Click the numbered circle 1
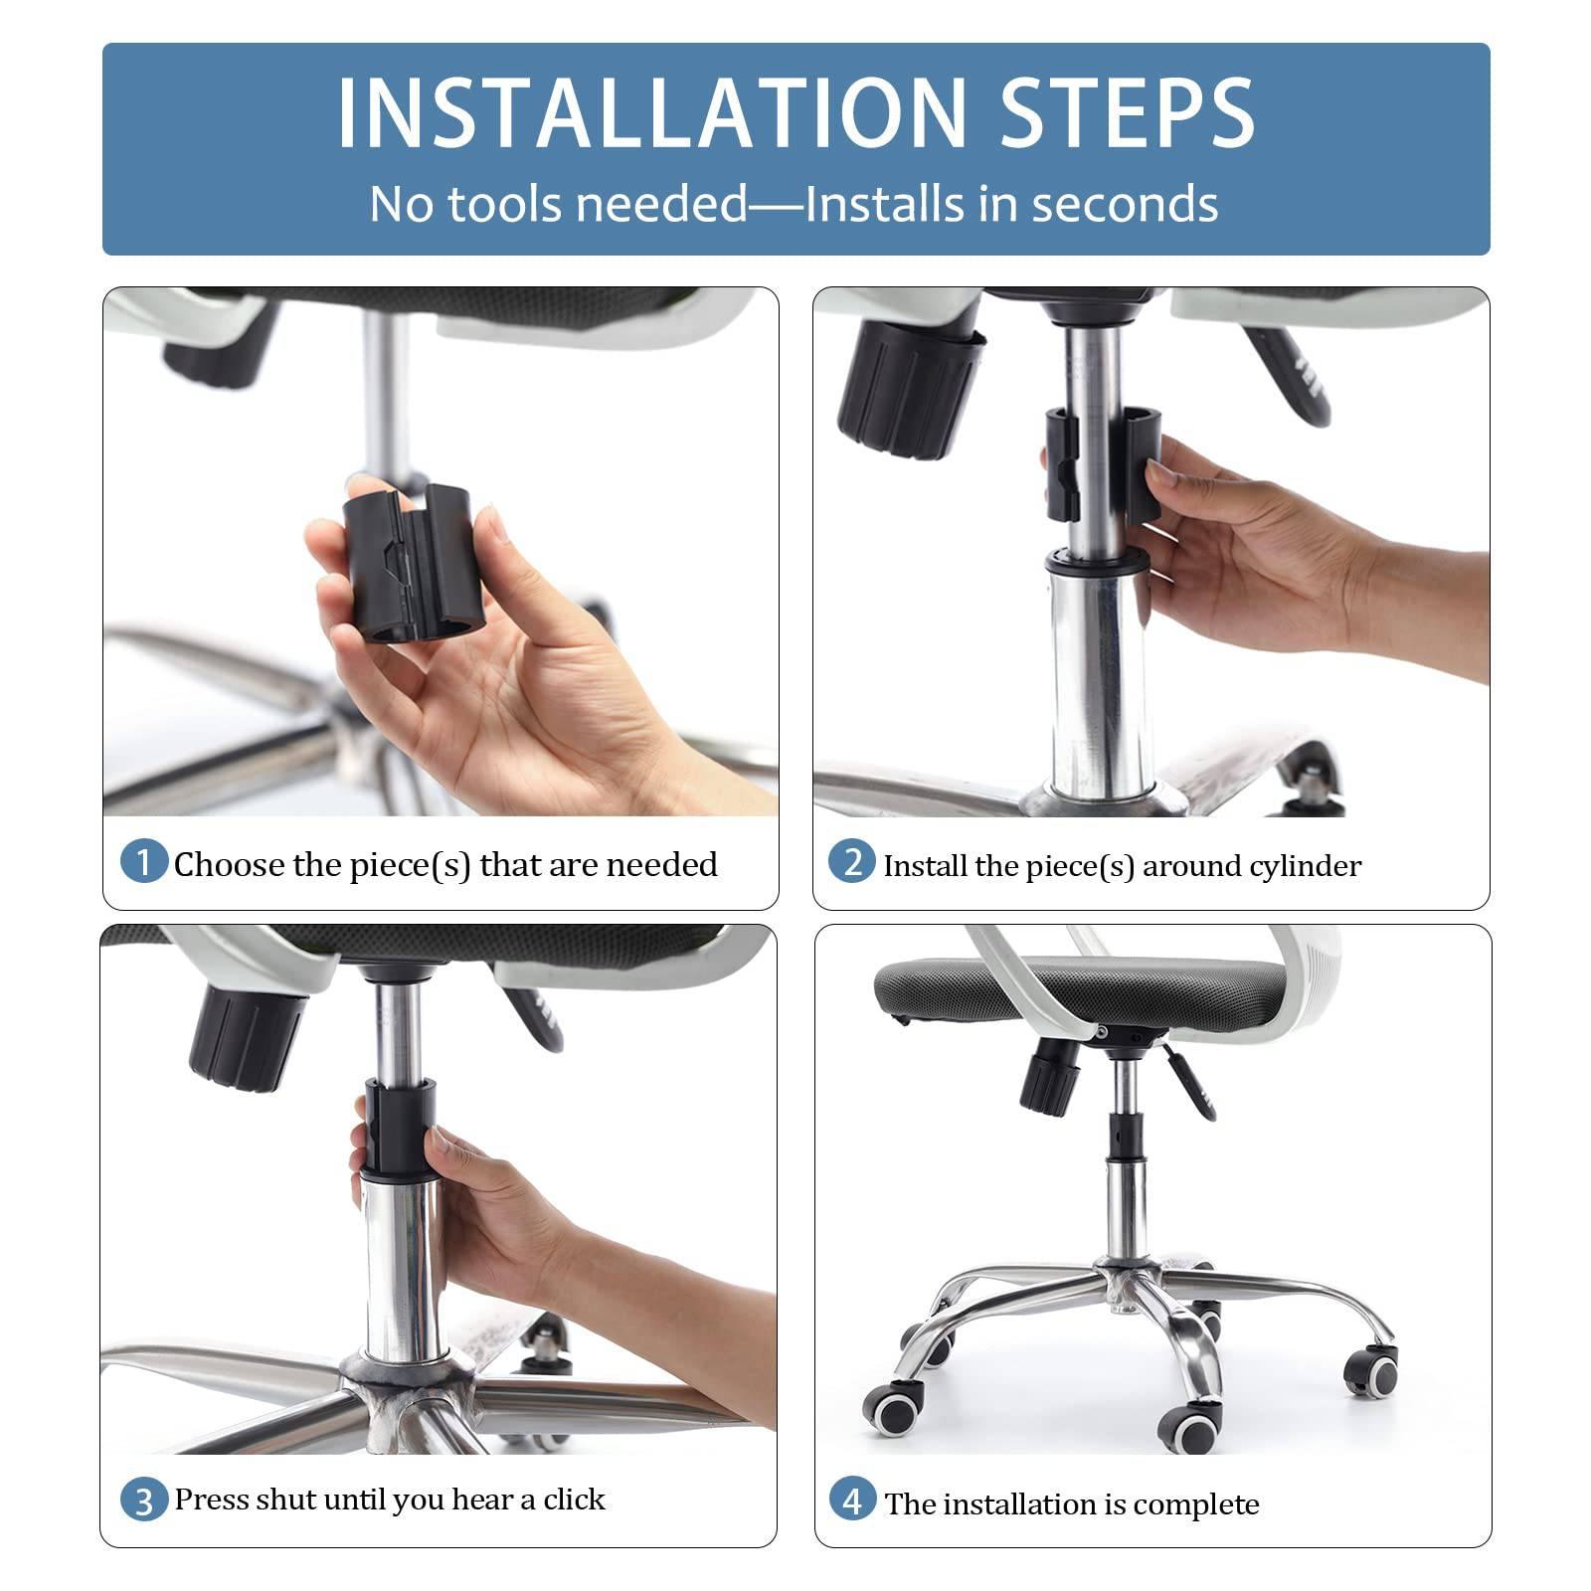tap(143, 861)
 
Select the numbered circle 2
tap(852, 861)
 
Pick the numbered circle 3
tap(143, 1500)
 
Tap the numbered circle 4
tap(852, 1500)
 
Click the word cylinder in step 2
tap(1305, 867)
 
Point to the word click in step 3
tap(574, 1500)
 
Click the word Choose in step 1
tap(229, 864)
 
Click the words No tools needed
tap(557, 204)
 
